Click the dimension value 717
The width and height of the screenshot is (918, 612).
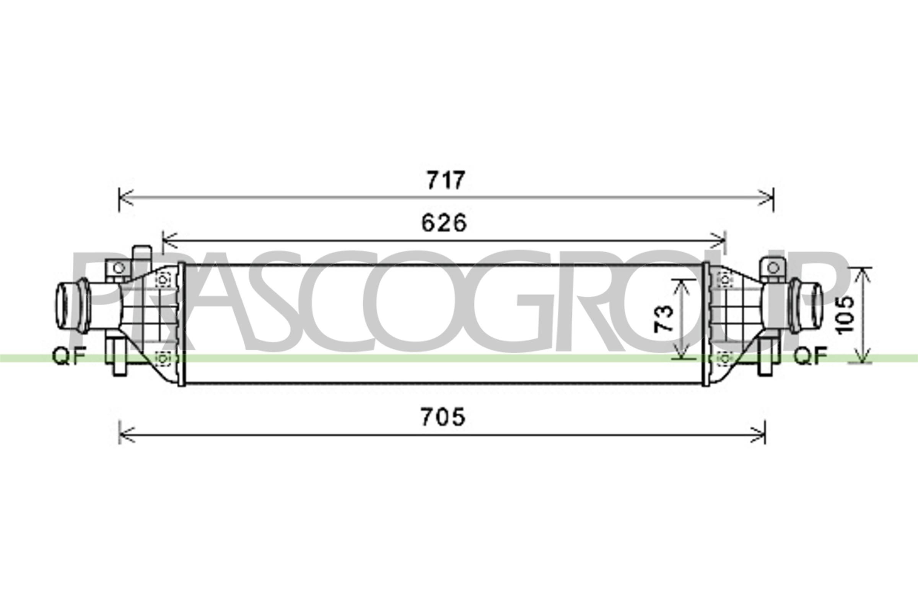445,180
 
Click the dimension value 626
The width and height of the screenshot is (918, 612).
444,223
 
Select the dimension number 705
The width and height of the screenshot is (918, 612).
443,417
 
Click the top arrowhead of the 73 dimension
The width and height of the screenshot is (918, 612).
681,285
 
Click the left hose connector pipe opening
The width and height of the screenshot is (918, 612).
62,306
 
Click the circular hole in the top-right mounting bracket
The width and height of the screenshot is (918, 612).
773,268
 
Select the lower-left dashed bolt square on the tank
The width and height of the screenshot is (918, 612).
164,358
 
